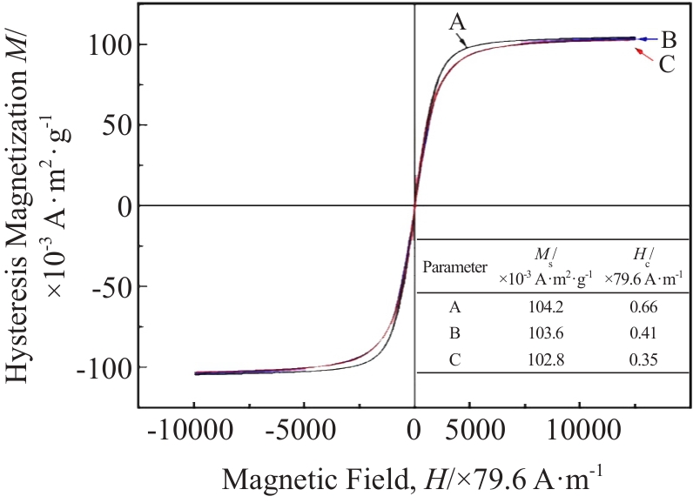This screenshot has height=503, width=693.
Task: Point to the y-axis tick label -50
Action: (103, 286)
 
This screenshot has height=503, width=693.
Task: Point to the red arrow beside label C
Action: (643, 54)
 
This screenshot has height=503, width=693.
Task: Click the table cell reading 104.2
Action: (547, 307)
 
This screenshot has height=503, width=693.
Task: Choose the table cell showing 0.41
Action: (645, 332)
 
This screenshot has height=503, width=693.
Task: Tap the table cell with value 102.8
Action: (547, 358)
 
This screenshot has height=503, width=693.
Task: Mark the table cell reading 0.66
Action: (645, 307)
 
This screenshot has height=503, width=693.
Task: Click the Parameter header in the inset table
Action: (454, 267)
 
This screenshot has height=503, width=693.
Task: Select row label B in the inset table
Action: (454, 332)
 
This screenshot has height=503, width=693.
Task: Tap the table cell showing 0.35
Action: (645, 358)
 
